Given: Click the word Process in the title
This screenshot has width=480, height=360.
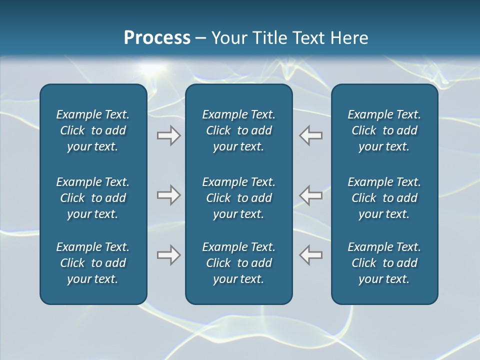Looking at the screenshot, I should point(157,37).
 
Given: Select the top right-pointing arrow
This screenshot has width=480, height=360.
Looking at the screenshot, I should point(168,135).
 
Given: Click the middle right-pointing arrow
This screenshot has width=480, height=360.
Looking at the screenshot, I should point(168,195).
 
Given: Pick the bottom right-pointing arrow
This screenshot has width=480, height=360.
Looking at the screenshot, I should point(168,255).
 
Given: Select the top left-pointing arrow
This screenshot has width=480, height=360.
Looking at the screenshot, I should point(310,135).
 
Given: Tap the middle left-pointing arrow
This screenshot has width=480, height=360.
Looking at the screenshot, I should point(310,195).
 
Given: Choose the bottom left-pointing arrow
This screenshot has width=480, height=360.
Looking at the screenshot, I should point(310,255).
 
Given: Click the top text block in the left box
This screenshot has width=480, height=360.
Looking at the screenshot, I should point(93,130).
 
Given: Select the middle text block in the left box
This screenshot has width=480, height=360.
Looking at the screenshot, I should point(93,198).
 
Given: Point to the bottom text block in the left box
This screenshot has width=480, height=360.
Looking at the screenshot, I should point(93,263).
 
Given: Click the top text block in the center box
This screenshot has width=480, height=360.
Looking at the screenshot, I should point(239,130).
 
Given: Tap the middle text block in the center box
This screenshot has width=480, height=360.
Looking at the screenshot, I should point(239,198).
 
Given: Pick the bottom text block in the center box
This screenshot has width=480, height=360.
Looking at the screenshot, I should point(239,263).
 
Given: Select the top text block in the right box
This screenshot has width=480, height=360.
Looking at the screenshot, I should point(384,130).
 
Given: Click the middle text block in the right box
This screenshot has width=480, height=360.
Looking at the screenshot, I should point(384,198).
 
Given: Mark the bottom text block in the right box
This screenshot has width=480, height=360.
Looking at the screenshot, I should point(384,263).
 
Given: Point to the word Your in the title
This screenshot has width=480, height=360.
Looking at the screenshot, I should point(228,37).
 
